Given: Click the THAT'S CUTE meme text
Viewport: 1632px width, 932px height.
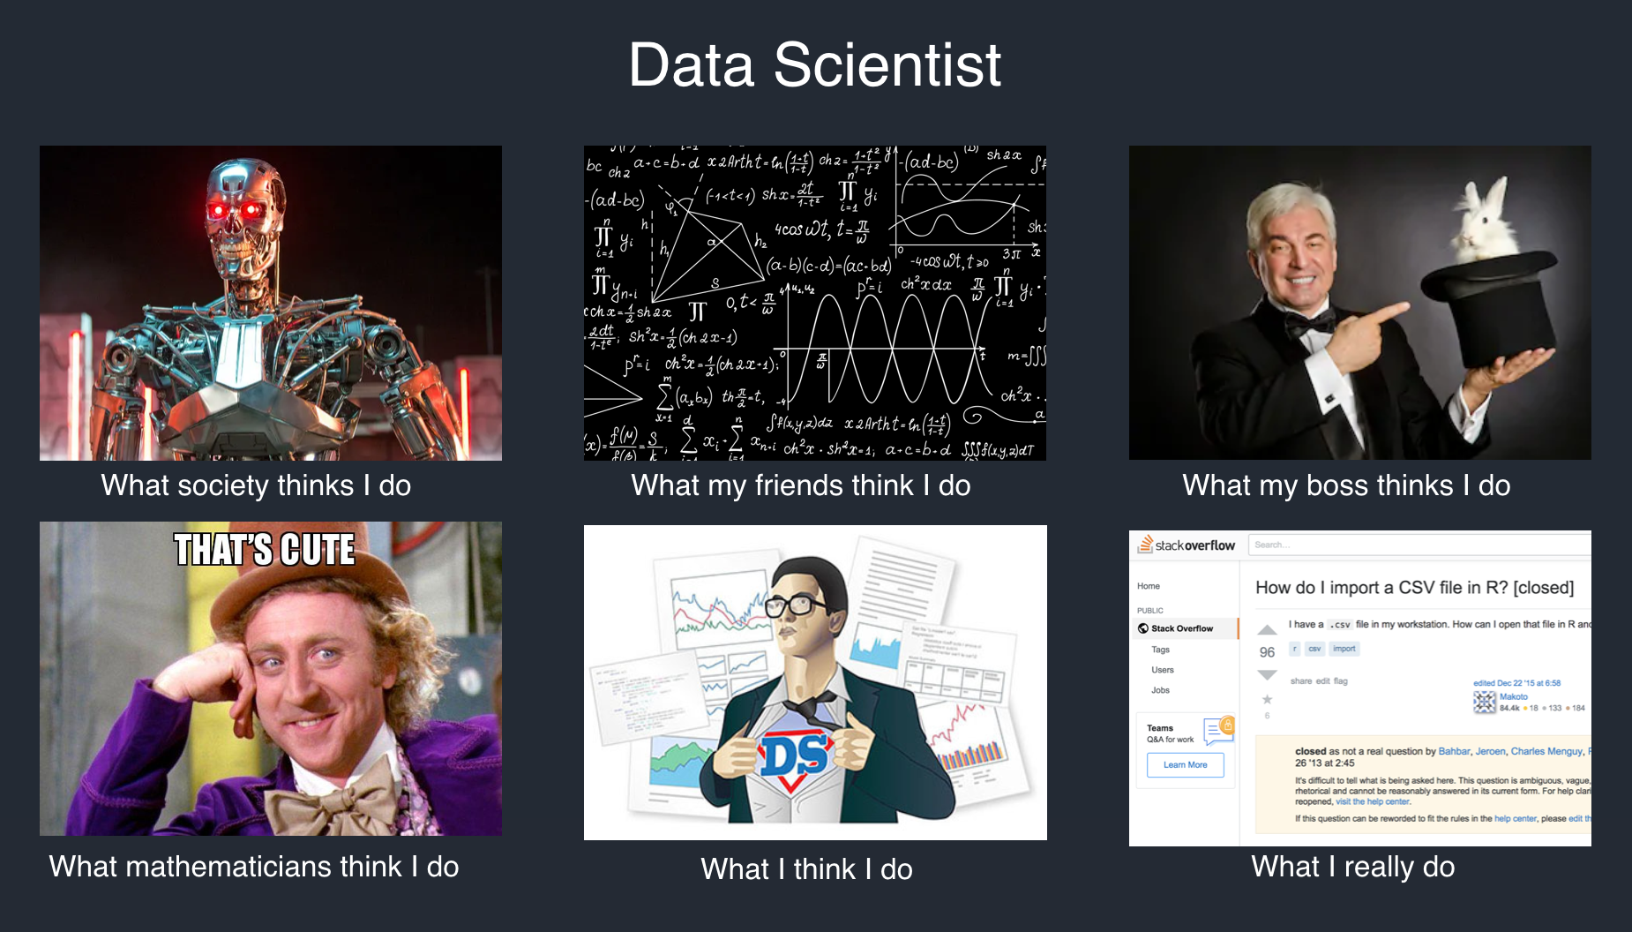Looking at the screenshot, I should pos(265,550).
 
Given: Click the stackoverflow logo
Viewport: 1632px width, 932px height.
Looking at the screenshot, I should pos(1187,545).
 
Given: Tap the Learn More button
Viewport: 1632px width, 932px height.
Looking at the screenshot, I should pos(1185,764).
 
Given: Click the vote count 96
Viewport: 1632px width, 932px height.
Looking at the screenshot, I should pos(1267,652).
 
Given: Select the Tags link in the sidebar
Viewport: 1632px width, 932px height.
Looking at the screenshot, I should pos(1160,650).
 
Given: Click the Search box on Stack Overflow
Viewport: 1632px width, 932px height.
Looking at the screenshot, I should pos(1411,545).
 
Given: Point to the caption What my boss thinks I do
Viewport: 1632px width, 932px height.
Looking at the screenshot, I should pos(1346,485).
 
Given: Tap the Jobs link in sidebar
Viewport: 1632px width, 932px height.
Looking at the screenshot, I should pos(1160,690).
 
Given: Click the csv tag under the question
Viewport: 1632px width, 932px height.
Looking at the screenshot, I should pos(1314,649).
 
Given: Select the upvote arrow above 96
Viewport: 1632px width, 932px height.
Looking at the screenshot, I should pos(1267,630).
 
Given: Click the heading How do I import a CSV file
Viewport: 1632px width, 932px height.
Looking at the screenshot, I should pos(1414,588).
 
